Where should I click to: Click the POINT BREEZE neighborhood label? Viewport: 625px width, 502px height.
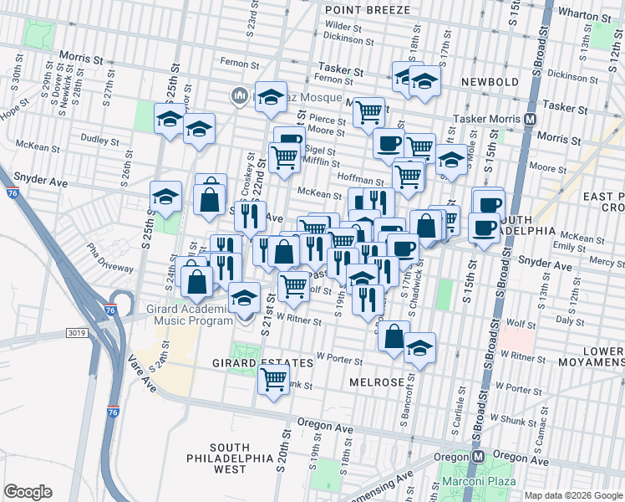tap(368, 10)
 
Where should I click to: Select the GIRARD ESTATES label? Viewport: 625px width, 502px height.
tap(251, 363)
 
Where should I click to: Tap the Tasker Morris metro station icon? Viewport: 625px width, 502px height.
tap(530, 120)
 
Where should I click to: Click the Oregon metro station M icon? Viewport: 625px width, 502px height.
tap(479, 457)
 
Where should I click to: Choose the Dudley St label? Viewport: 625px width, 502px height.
tap(100, 139)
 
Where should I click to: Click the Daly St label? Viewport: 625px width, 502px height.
tap(570, 320)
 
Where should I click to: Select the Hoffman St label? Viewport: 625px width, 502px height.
tap(360, 179)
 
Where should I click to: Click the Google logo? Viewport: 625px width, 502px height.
tap(28, 492)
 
